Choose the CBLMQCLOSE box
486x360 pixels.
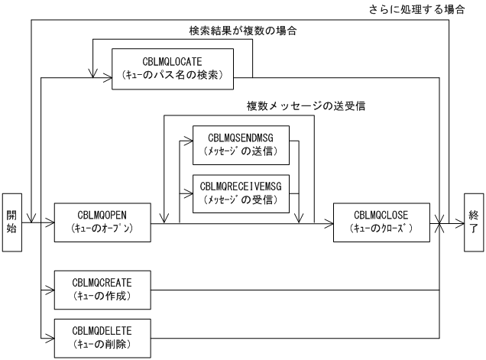[x=381, y=222]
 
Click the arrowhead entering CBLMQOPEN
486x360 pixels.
[x=50, y=222]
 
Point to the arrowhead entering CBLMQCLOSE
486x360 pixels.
[x=329, y=222]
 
